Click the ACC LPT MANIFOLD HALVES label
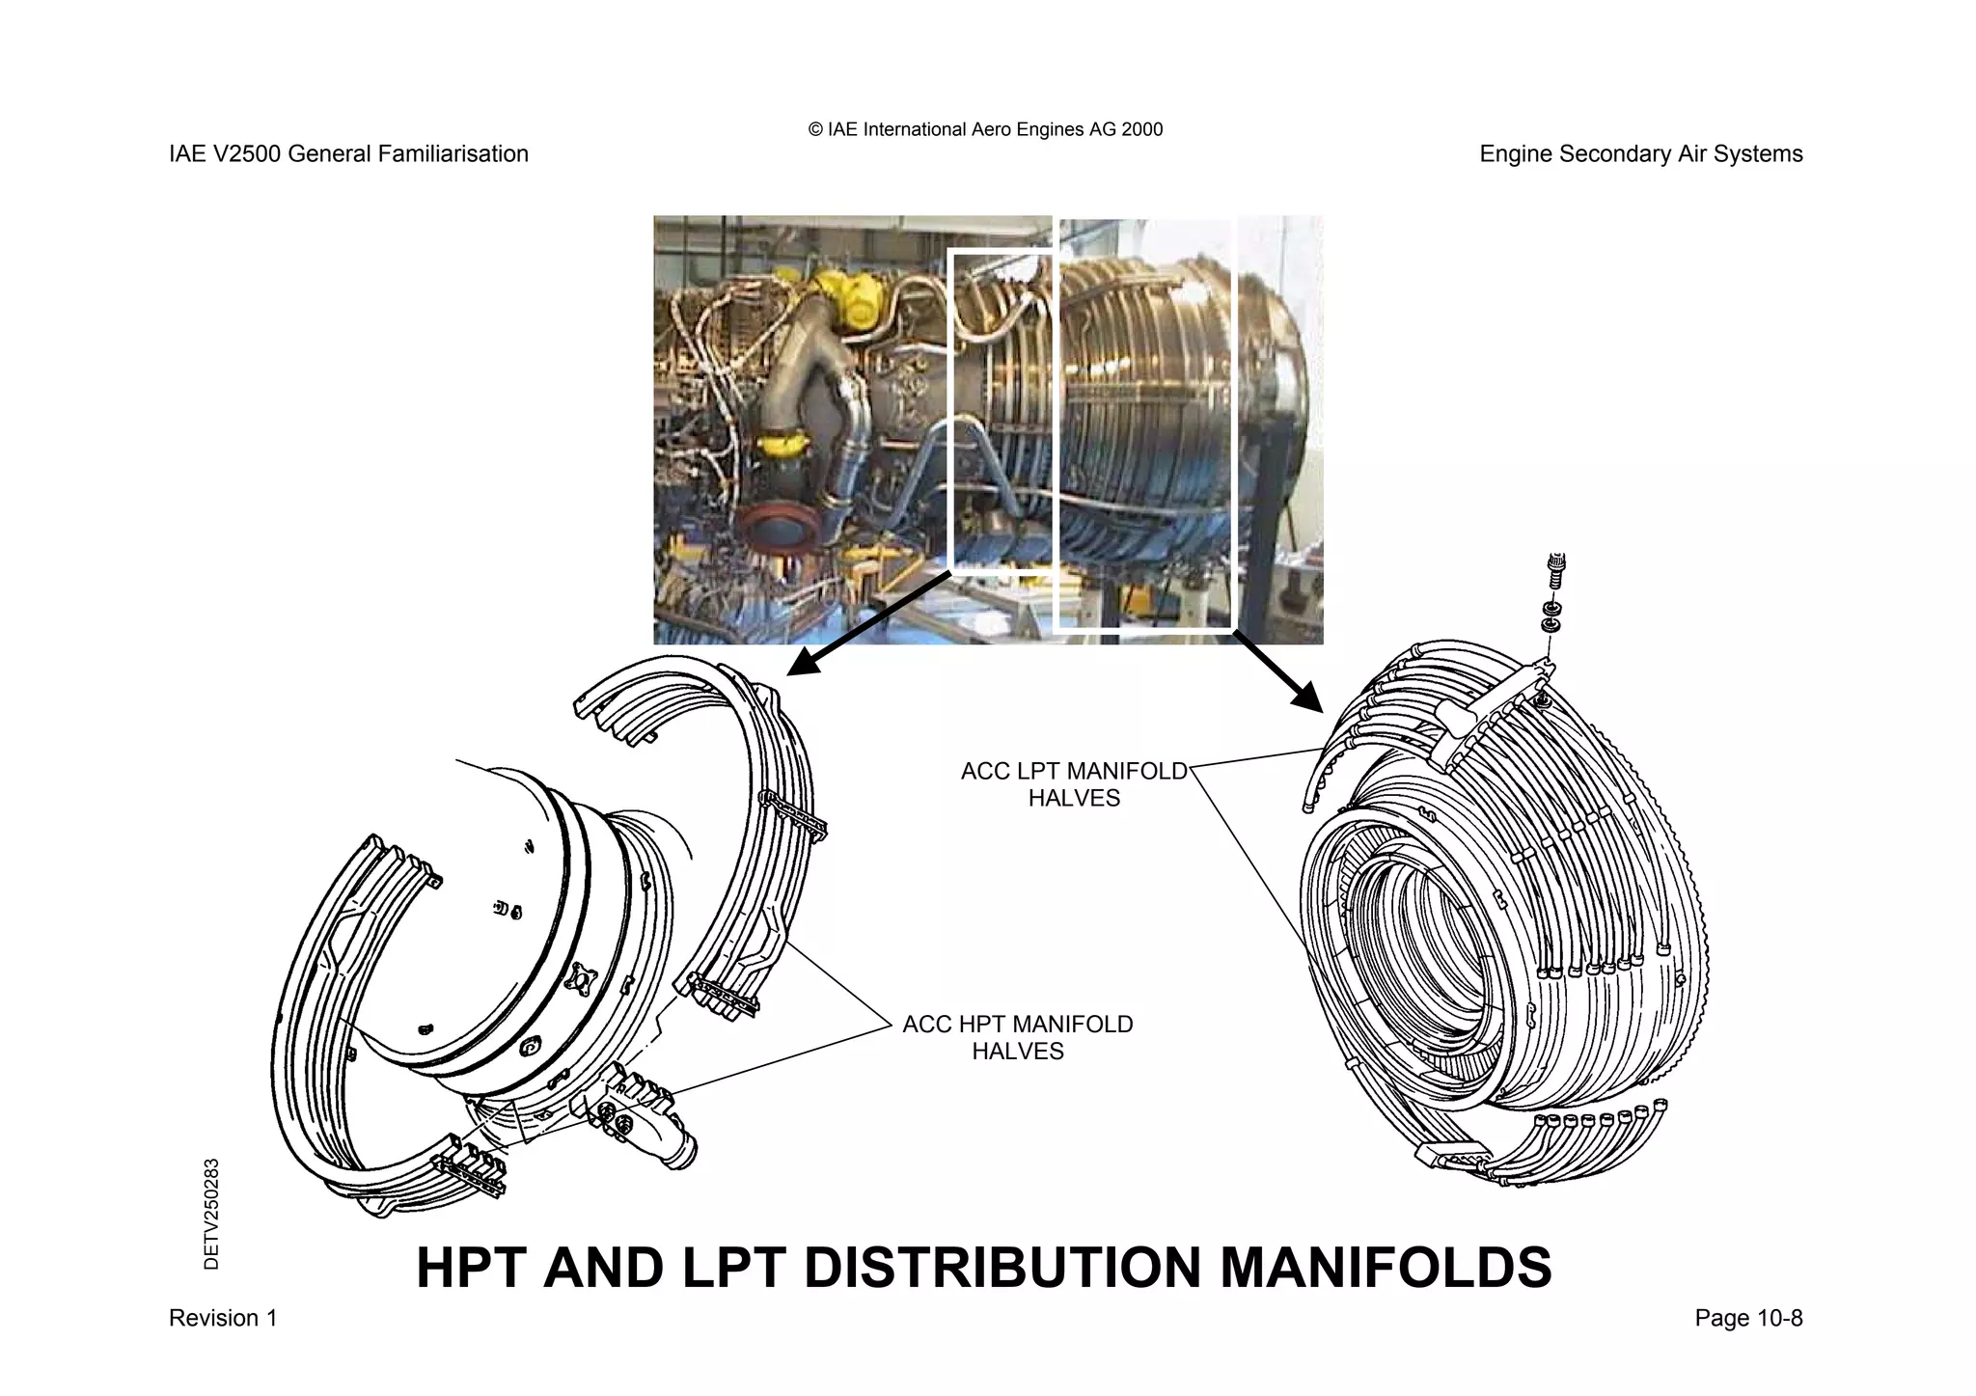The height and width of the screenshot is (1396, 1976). [x=1073, y=784]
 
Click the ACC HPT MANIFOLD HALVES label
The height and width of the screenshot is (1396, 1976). [x=1017, y=1037]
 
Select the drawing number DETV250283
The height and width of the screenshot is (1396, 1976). [x=212, y=1214]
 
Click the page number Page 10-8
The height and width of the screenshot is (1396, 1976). [x=1748, y=1318]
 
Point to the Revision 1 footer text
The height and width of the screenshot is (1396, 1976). [x=223, y=1318]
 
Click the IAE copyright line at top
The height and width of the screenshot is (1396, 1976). [x=985, y=129]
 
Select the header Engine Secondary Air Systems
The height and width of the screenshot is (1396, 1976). [x=1640, y=154]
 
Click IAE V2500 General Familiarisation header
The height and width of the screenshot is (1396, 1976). [x=348, y=154]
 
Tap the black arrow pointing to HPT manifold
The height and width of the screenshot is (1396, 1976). [x=868, y=622]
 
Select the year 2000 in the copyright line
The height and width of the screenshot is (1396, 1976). [x=1142, y=129]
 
